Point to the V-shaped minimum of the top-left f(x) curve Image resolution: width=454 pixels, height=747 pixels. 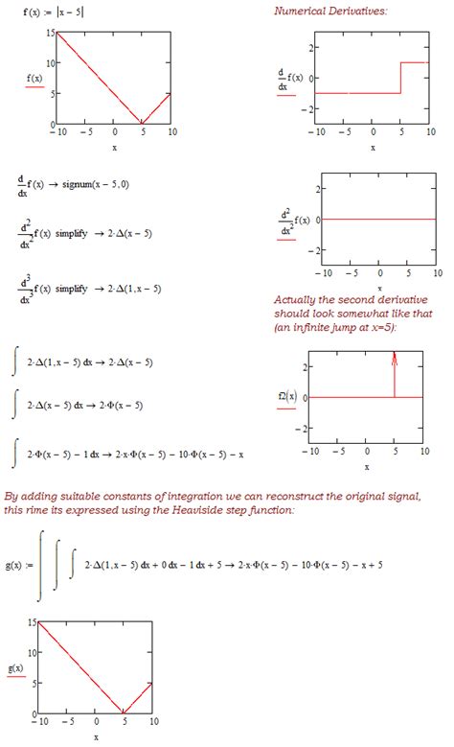[x=143, y=124]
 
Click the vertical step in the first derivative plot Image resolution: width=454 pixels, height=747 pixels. [x=399, y=78]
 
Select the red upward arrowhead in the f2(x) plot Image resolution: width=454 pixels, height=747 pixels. [x=395, y=356]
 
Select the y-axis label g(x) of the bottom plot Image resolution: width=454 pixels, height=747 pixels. [x=16, y=667]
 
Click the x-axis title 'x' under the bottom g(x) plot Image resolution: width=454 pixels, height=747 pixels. [x=96, y=736]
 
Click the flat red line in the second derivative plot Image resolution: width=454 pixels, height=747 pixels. [x=374, y=219]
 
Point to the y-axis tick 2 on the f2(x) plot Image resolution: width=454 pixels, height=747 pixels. [x=303, y=366]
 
